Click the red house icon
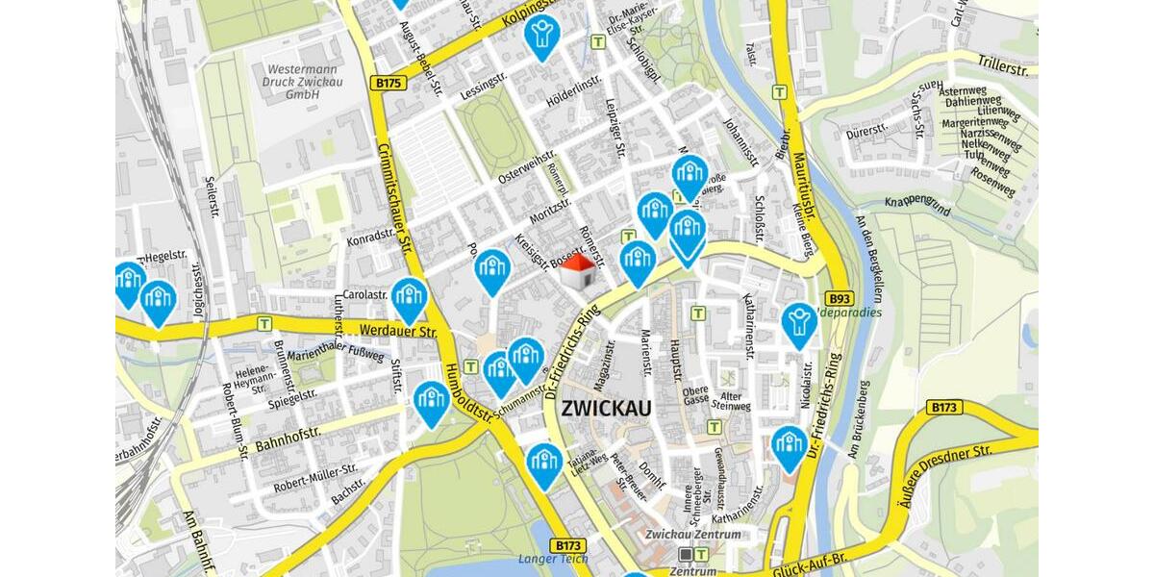(x=577, y=272)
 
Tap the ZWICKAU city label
(x=606, y=408)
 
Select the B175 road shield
(x=388, y=84)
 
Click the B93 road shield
(x=840, y=298)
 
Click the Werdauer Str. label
(x=400, y=333)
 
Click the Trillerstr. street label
(x=1004, y=69)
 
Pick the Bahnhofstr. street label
(x=288, y=439)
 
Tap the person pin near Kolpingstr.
(x=542, y=36)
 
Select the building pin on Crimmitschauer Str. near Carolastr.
(x=409, y=298)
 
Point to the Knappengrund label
(x=917, y=204)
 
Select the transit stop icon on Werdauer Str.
(x=264, y=323)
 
